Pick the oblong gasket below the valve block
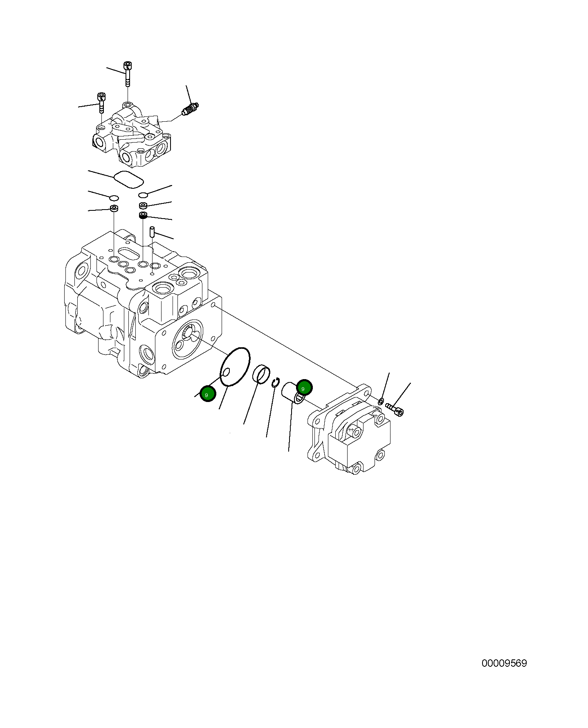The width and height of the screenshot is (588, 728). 128,179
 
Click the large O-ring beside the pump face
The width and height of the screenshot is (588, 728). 235,366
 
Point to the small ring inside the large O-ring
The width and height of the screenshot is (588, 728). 225,372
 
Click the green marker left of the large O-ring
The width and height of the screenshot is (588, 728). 208,394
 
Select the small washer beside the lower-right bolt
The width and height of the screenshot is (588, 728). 381,401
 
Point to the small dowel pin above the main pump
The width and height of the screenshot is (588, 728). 151,232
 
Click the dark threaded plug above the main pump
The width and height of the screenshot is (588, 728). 143,215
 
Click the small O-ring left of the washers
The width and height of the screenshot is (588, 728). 114,198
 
